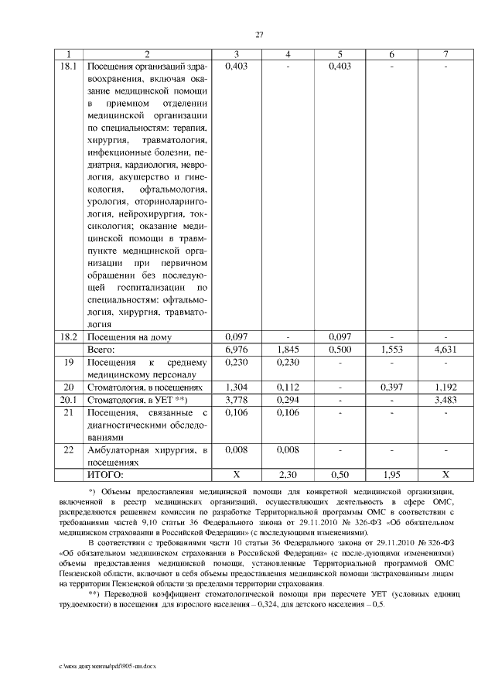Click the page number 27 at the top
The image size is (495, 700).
coord(260,34)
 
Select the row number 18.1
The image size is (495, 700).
coord(70,67)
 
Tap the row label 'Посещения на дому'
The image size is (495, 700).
coord(128,337)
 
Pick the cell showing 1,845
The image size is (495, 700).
coord(287,350)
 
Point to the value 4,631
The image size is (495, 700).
coord(445,350)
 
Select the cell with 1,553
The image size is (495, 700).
coord(392,350)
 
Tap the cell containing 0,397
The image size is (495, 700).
coord(392,387)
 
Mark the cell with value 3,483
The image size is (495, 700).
coord(445,399)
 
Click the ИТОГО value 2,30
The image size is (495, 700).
coord(287,473)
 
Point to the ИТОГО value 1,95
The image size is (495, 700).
coord(392,473)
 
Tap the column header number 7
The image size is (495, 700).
coord(445,54)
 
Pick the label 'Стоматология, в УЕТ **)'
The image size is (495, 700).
coord(137,399)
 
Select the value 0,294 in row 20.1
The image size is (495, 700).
coord(287,399)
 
